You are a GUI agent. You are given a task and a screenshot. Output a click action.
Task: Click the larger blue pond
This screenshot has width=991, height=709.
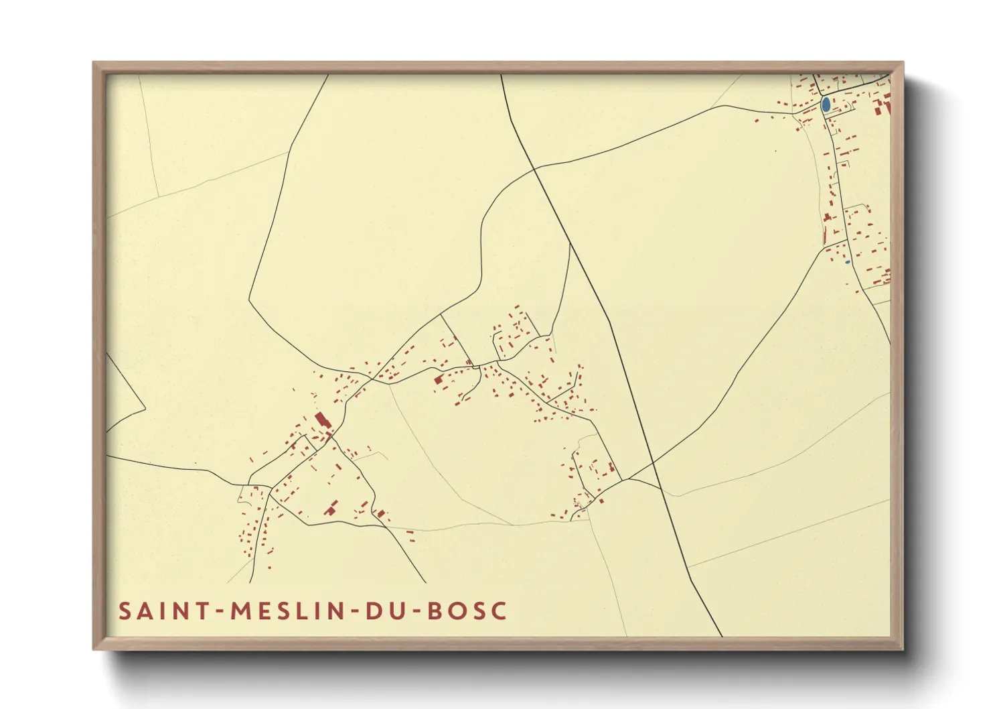pyautogui.click(x=826, y=105)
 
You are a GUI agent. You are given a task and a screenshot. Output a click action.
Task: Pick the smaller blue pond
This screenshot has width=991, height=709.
pyautogui.click(x=847, y=261)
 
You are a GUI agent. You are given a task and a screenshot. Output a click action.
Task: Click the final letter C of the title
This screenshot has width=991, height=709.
pyautogui.click(x=498, y=611)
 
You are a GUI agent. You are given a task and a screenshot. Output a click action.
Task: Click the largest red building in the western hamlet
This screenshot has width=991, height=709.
pyautogui.click(x=322, y=421)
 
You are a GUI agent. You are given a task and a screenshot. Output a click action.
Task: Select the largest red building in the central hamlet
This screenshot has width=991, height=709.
pyautogui.click(x=439, y=380)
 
